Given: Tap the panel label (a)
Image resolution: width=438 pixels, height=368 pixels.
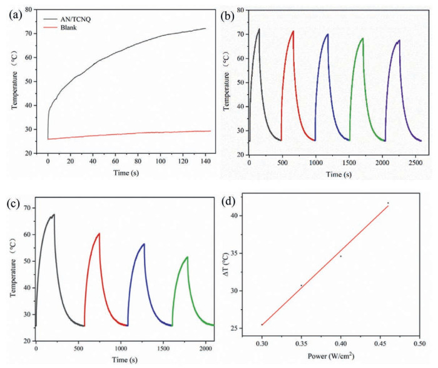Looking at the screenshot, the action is point(16,15).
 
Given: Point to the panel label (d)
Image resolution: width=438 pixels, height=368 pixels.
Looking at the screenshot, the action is point(228,201).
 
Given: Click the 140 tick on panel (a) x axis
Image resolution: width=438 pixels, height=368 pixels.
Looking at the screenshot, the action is point(206,161).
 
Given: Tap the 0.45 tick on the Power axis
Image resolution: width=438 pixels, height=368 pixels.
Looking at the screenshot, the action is point(380,343).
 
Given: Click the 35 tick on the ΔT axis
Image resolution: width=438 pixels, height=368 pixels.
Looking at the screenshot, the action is point(237,253).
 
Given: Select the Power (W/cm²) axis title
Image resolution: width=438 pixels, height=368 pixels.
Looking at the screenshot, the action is point(331,356).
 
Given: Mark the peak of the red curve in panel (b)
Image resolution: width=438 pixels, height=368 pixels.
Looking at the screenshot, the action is point(293,31).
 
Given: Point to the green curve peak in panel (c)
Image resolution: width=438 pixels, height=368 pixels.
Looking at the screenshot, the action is point(188,257).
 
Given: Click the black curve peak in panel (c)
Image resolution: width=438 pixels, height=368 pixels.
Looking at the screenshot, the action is point(54,214).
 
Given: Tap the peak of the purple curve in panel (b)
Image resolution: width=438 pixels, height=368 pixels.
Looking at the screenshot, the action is point(399,40).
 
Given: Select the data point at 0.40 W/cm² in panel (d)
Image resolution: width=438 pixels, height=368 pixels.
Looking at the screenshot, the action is point(341,256).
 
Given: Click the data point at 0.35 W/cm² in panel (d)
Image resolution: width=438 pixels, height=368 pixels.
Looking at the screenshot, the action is point(302,286).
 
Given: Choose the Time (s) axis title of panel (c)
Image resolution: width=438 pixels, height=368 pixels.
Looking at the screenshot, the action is point(125,360).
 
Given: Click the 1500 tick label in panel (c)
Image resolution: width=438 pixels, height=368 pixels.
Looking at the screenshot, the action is point(163,349).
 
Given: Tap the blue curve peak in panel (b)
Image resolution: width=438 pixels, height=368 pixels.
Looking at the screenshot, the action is point(328,34).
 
